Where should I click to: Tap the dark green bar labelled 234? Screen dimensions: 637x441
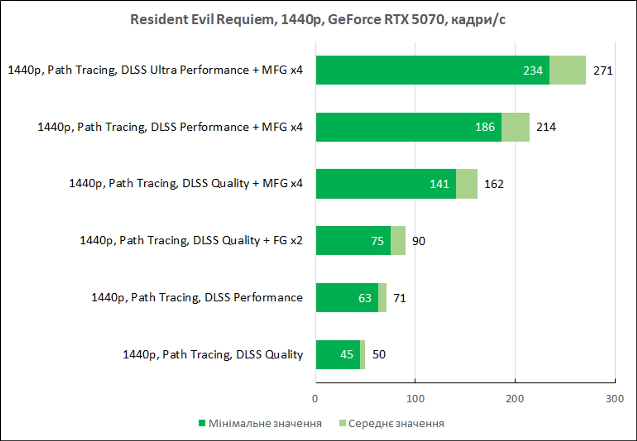[x=433, y=70]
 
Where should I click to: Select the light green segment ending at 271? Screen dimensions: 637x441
[x=568, y=70]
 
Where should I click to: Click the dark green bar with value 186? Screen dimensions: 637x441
[x=409, y=127]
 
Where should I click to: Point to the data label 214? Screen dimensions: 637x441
[x=546, y=127]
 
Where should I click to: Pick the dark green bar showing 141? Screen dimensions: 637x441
[x=386, y=184]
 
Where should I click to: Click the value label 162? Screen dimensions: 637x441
[x=494, y=184]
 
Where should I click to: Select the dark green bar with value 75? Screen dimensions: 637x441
[x=353, y=241]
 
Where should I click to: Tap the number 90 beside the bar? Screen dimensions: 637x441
[x=419, y=241]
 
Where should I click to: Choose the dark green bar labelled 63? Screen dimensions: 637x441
[x=347, y=298]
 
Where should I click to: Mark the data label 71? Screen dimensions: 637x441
[x=400, y=298]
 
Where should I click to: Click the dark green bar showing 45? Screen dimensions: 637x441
[x=338, y=355]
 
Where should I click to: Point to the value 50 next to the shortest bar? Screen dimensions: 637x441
[x=379, y=354]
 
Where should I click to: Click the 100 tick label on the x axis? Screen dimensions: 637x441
[x=415, y=399]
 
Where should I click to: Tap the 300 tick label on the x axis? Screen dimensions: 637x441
[x=615, y=399]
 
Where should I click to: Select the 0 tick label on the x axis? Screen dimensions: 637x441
[x=315, y=399]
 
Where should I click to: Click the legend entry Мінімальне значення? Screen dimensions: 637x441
[x=260, y=424]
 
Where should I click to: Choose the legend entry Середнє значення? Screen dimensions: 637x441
[x=392, y=424]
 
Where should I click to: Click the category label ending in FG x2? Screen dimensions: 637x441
[x=191, y=241]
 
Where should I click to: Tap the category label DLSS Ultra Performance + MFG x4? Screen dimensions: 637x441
[x=155, y=70]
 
